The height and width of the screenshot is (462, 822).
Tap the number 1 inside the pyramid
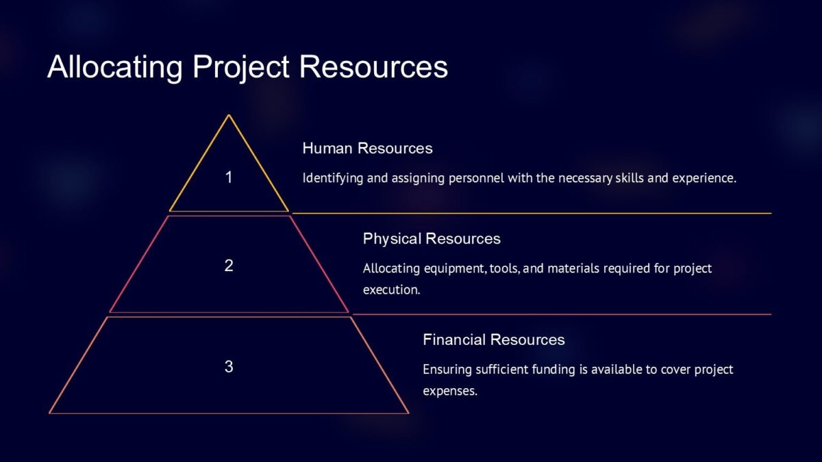(x=229, y=178)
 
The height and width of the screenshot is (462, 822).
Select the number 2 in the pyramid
(x=229, y=266)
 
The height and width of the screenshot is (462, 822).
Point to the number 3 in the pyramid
(x=229, y=367)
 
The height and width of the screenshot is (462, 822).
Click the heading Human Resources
(x=367, y=149)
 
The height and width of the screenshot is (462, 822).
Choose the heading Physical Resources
(x=432, y=239)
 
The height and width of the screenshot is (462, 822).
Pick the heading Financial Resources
(x=493, y=340)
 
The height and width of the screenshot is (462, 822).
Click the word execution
(x=390, y=290)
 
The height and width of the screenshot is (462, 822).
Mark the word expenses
(x=449, y=392)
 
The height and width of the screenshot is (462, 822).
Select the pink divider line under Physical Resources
(x=562, y=315)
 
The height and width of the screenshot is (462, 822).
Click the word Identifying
(x=332, y=179)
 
